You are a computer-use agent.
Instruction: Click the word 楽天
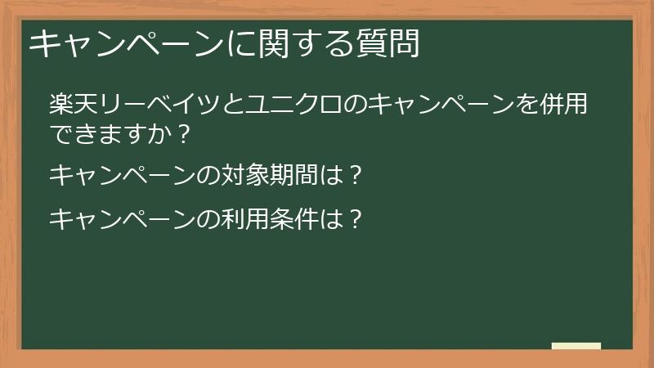[x=73, y=105]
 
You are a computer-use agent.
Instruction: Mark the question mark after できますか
[x=183, y=133]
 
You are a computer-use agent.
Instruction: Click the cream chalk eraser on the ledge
[x=576, y=346]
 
